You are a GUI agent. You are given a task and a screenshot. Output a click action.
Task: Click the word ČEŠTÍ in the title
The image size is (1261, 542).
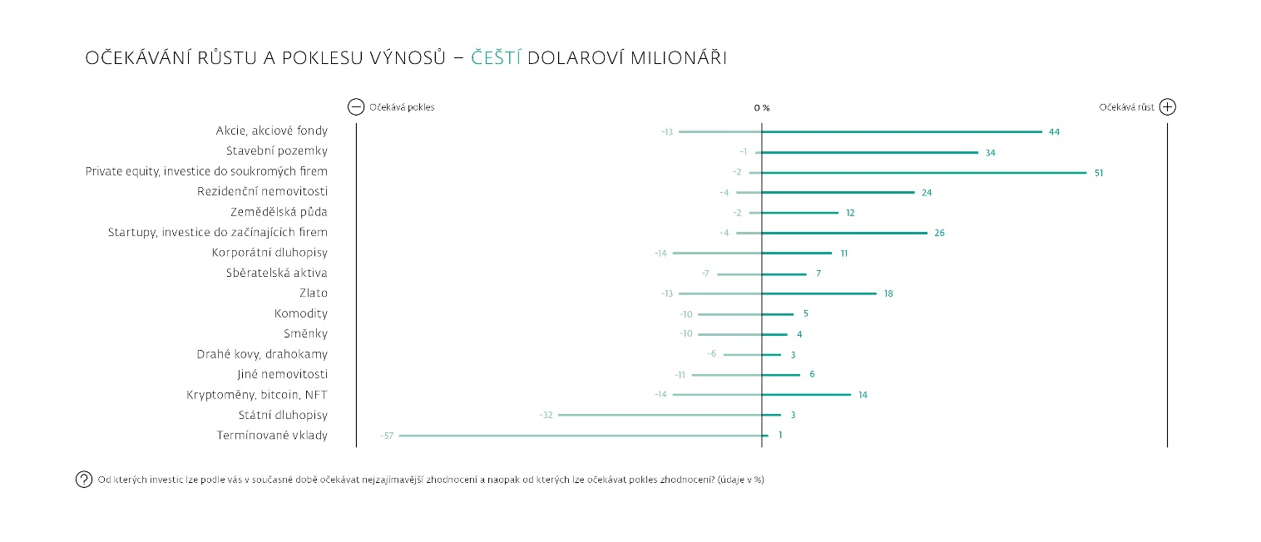point(496,58)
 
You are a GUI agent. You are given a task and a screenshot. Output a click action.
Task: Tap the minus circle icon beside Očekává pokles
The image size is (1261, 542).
point(356,106)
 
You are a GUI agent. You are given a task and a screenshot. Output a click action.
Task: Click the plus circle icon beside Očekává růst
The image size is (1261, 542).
point(1167,106)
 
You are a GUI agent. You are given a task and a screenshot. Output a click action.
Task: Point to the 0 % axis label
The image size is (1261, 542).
point(761,108)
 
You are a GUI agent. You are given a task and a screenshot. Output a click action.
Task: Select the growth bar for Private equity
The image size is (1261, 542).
point(923,172)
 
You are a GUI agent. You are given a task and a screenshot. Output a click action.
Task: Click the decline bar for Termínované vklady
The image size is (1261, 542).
point(580,435)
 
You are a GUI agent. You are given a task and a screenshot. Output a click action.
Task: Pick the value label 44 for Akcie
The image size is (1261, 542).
point(1054,132)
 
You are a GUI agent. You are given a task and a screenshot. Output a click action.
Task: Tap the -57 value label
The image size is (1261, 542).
point(387,436)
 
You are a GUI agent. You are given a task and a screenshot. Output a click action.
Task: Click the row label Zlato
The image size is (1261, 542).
point(314,293)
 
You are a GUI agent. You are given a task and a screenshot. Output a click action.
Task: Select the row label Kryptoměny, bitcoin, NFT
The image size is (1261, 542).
point(257,395)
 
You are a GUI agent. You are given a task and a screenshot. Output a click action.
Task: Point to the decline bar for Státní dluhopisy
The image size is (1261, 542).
point(660,415)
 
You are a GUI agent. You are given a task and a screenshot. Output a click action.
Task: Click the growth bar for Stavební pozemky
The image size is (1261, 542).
point(869,152)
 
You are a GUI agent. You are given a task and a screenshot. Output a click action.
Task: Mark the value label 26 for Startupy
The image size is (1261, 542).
point(939,234)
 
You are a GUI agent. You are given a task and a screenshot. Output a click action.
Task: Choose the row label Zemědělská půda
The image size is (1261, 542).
point(279,212)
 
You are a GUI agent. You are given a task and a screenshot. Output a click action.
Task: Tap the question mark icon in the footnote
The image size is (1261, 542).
point(84,480)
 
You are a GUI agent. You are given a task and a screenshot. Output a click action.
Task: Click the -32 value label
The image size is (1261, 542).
point(546,415)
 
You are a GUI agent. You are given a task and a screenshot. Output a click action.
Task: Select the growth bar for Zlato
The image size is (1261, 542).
point(819,293)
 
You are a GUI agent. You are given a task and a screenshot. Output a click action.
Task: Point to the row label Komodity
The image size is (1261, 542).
point(301,314)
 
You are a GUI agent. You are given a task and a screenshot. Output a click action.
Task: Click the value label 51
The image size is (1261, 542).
point(1099,173)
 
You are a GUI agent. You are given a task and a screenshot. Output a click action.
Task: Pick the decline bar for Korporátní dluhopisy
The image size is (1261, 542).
point(717,253)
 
